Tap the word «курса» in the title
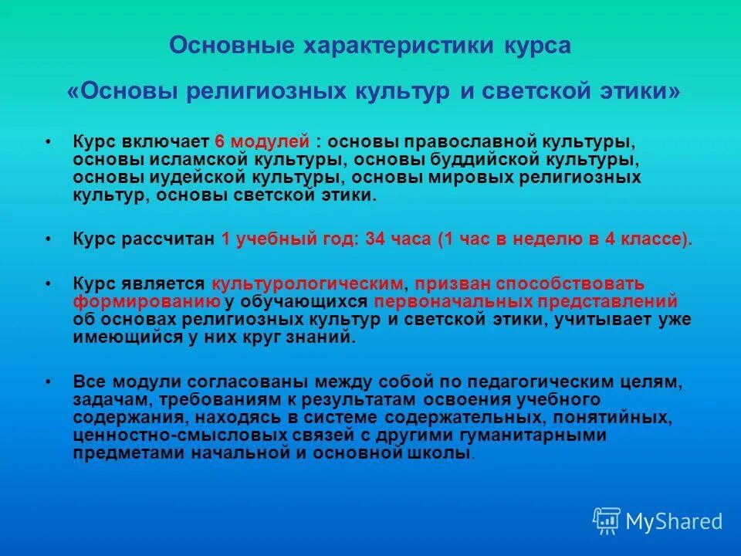tap(537, 46)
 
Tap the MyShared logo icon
tap(607, 521)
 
